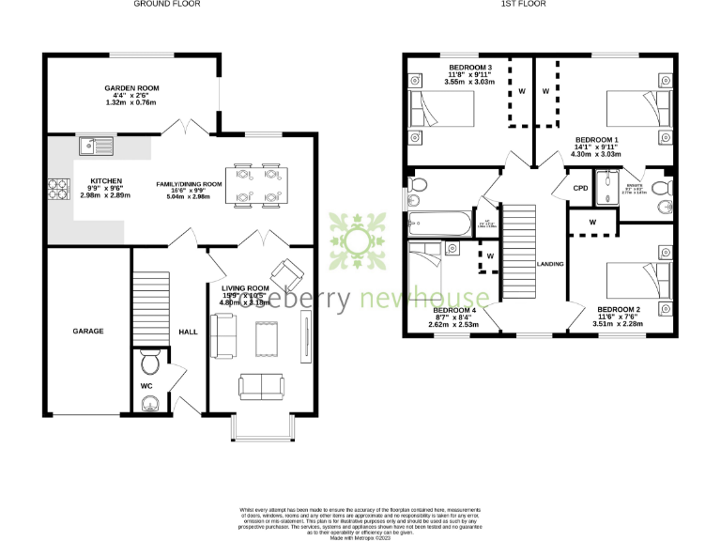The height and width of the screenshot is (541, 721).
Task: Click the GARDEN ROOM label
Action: [131, 88]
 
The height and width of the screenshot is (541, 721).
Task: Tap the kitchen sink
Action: [95, 146]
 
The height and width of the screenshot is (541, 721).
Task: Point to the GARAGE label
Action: [88, 331]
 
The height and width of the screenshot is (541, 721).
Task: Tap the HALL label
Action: [188, 331]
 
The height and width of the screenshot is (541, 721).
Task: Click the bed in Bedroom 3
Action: [441, 111]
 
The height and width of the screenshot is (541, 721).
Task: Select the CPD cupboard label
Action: [581, 188]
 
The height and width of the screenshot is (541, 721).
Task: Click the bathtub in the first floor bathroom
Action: [440, 224]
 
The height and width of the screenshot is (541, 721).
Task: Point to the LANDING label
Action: [550, 264]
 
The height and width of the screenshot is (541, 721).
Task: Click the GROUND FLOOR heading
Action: [166, 5]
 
